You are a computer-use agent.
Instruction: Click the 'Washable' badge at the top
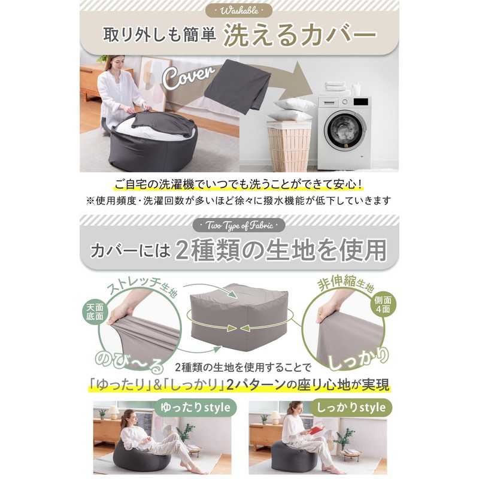coord(239,11)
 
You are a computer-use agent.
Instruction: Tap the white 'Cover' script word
coord(189,77)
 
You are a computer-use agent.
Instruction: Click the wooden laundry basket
coord(289,145)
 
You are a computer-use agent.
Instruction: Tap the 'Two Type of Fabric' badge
coord(239,226)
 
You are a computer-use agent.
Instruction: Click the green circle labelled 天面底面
coord(95,312)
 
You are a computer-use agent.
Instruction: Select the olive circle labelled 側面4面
coord(383,305)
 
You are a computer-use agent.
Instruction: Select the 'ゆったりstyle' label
coord(195,408)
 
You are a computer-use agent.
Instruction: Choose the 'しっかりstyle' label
coord(351,408)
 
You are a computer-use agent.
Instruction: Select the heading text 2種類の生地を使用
coord(281,250)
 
